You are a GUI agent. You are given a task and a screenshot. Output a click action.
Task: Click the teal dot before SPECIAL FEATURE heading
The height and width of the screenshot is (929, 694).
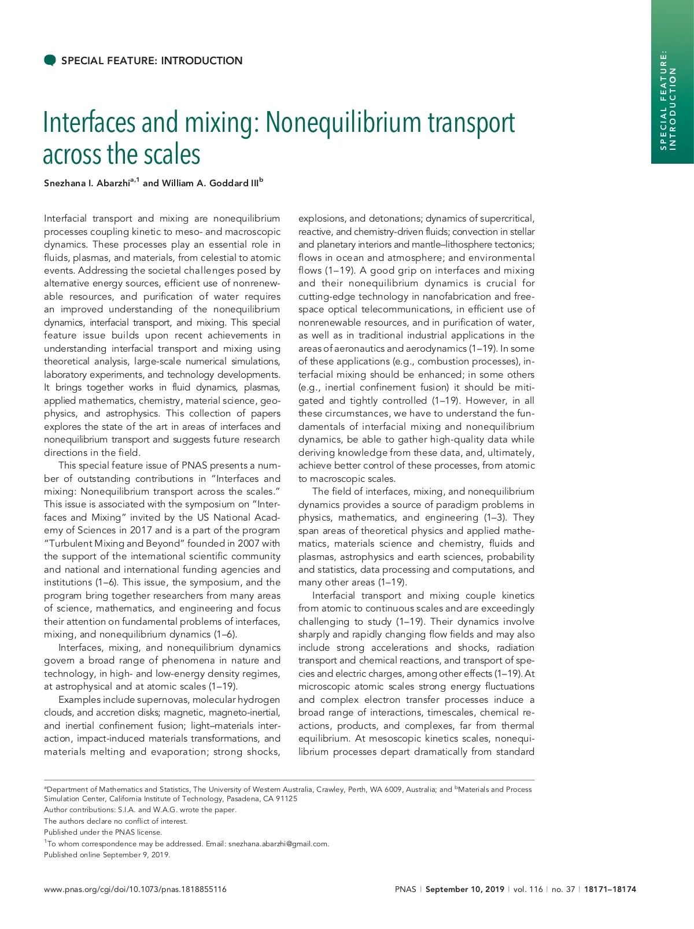(50, 60)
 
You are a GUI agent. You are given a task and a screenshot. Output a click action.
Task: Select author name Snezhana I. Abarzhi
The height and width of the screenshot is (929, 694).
(86, 183)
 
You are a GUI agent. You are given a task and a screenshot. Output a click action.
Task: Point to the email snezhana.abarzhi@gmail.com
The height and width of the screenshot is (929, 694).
(278, 843)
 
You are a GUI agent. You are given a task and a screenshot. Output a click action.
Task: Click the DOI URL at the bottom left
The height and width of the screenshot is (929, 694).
(135, 889)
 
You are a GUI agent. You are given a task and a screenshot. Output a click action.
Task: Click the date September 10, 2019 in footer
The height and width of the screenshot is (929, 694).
(465, 889)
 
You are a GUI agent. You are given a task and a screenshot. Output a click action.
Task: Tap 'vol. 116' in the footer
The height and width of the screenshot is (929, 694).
(528, 889)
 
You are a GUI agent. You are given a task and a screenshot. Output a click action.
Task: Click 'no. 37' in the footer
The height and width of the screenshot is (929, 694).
(563, 889)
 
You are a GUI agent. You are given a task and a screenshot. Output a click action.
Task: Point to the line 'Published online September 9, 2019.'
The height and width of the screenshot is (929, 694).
(107, 854)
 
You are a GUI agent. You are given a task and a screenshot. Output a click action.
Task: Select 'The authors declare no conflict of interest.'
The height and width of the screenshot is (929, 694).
(116, 821)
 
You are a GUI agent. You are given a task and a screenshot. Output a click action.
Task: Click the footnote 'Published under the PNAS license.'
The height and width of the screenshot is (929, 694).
(103, 832)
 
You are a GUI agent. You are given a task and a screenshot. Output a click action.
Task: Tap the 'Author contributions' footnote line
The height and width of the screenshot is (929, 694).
(140, 809)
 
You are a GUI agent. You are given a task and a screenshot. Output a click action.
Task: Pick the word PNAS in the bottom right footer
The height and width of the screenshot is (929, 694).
(405, 889)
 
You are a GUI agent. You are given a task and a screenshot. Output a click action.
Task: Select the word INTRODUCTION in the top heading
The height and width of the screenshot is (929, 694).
(202, 61)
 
